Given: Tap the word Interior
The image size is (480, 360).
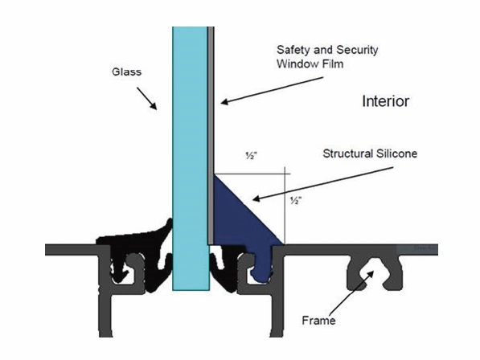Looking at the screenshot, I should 386,101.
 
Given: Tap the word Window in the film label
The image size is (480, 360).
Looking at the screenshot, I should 295,63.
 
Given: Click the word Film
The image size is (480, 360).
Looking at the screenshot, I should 330,63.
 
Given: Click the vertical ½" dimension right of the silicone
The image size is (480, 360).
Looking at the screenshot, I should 297,200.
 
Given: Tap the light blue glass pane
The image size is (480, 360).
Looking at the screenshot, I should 190,145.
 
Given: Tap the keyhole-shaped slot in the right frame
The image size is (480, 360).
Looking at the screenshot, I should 378,269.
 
